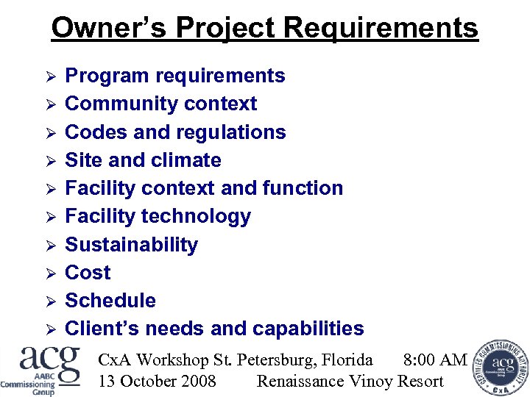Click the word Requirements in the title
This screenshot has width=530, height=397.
[381, 28]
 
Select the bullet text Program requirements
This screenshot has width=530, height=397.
[175, 76]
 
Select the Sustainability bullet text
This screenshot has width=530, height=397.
[131, 244]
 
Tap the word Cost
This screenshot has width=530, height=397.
[88, 273]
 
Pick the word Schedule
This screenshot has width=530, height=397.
[110, 301]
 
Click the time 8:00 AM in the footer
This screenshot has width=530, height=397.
[435, 360]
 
